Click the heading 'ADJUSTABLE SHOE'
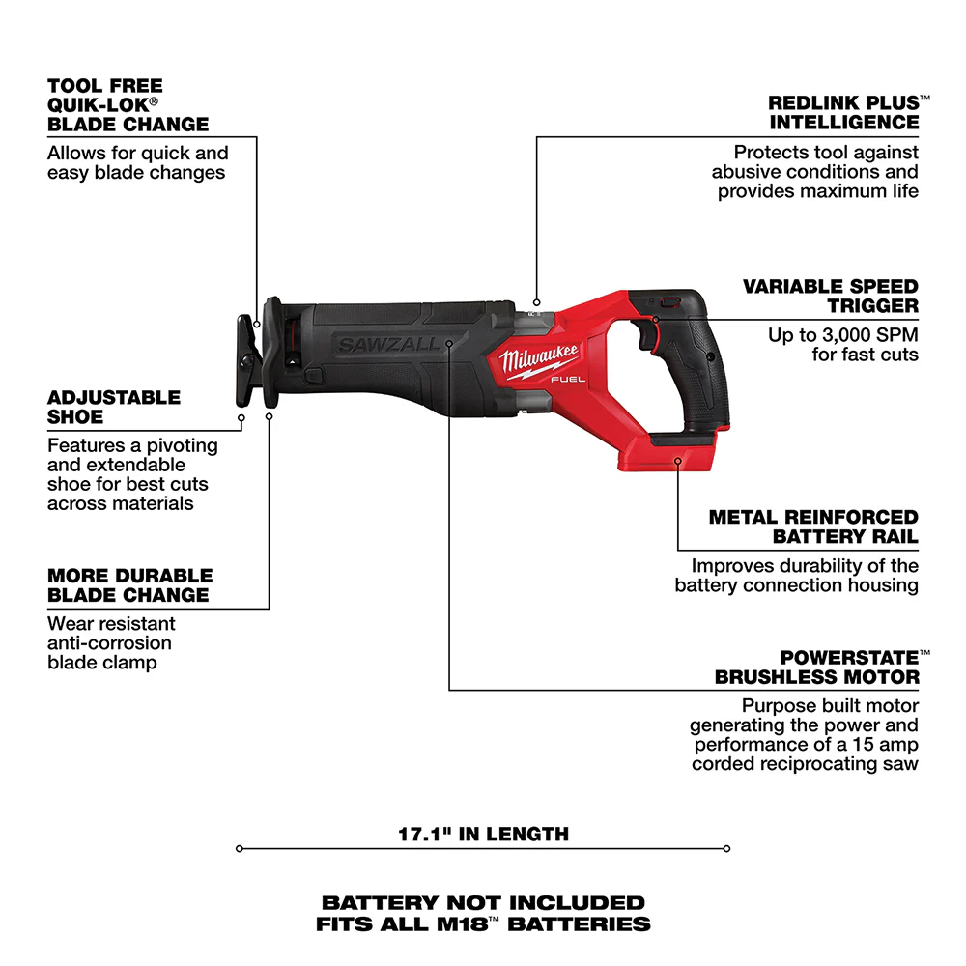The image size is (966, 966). [x=114, y=408]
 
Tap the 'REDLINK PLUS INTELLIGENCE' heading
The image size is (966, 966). [x=843, y=112]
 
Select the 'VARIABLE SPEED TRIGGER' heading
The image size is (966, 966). [x=830, y=297]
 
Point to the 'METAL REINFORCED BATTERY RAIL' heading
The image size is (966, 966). [x=813, y=527]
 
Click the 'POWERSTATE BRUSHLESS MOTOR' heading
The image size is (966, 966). [x=817, y=668]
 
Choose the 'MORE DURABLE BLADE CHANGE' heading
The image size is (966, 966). [x=128, y=585]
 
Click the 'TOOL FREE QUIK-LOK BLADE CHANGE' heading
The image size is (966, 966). [x=128, y=105]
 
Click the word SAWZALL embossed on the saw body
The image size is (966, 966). [x=387, y=344]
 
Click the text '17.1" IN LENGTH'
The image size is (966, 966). [x=483, y=834]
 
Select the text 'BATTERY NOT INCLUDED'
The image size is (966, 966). [x=483, y=903]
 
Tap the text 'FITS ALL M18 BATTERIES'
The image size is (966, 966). [x=483, y=924]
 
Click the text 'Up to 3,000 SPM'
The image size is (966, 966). [x=843, y=335]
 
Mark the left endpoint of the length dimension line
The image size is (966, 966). [x=239, y=850]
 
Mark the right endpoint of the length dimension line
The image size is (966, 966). [x=726, y=850]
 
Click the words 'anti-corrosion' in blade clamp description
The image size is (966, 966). [x=109, y=643]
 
